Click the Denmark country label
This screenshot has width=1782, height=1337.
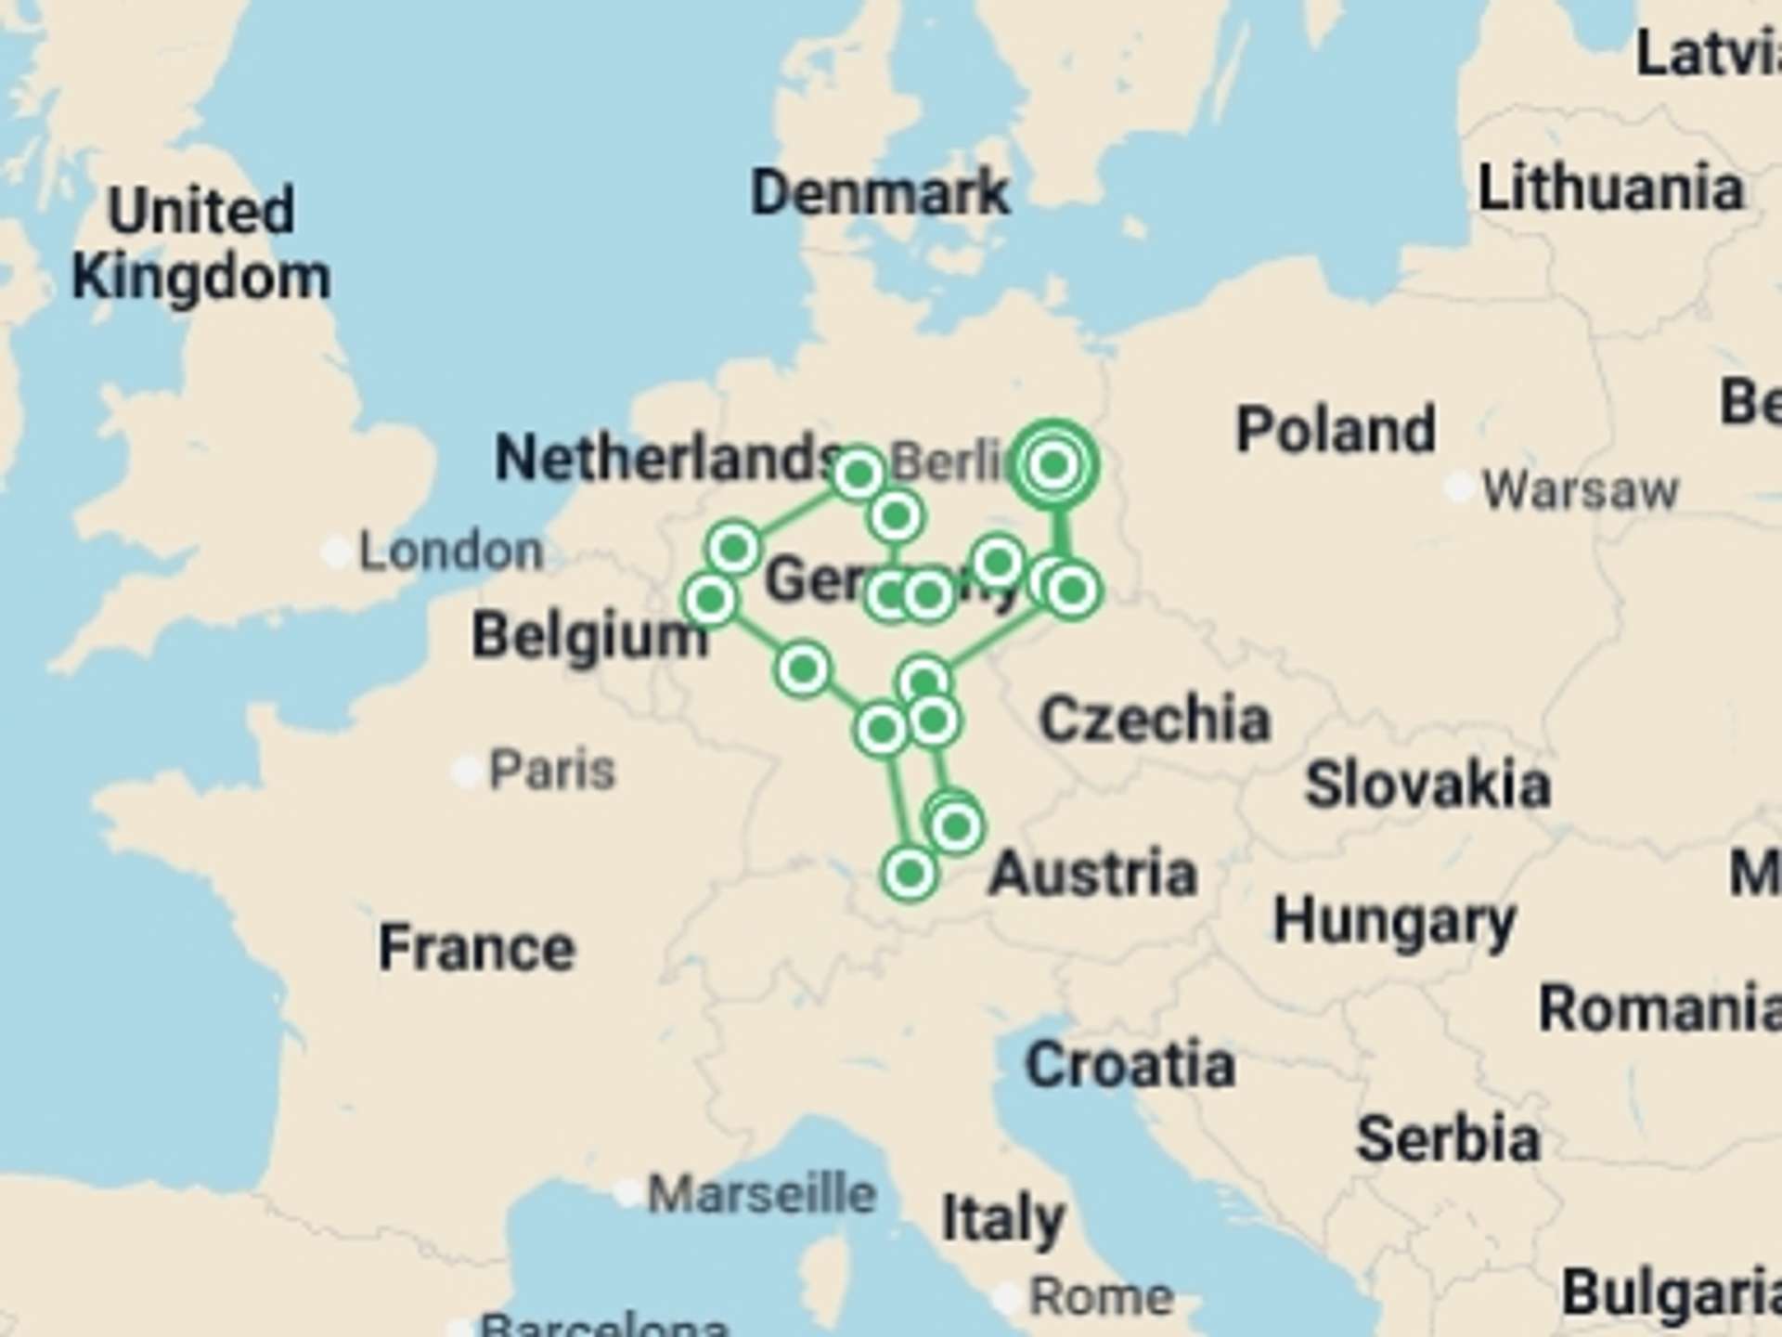point(879,193)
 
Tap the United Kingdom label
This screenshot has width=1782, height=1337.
point(201,243)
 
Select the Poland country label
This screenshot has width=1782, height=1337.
point(1336,430)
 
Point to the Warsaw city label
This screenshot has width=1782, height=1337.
point(1580,489)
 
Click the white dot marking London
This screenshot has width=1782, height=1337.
point(336,551)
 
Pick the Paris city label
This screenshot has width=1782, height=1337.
point(551,770)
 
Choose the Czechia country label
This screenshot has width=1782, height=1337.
point(1155,720)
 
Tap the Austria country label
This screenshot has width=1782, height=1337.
point(1092,875)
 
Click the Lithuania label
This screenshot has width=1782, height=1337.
point(1610,188)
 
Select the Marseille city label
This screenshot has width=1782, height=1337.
point(761,1194)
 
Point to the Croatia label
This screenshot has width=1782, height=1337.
point(1130,1064)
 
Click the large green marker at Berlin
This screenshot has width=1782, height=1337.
point(1053,464)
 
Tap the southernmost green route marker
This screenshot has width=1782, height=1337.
point(910,873)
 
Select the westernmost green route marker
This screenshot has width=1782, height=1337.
point(711,600)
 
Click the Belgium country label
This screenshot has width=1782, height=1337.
point(589,637)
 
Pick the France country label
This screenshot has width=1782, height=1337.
point(477,948)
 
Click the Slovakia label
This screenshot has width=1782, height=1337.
point(1427,785)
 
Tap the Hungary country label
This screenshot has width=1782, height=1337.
point(1394,922)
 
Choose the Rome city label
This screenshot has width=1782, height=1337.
point(1102,1296)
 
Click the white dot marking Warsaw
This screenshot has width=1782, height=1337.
point(1459,487)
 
